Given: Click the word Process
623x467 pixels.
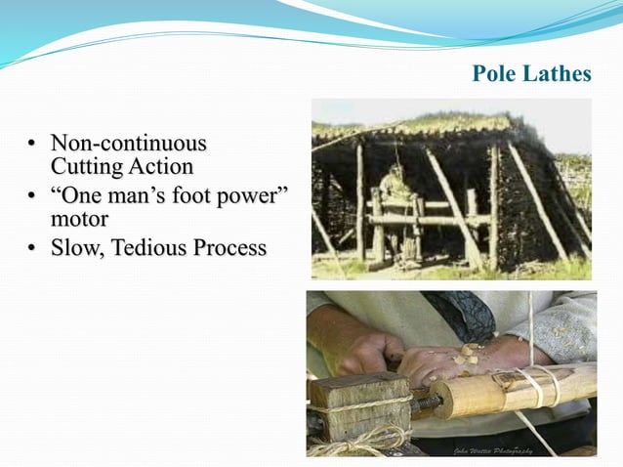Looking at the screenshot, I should coord(228,248).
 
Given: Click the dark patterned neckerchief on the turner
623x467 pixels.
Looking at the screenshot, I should coord(459,313).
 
